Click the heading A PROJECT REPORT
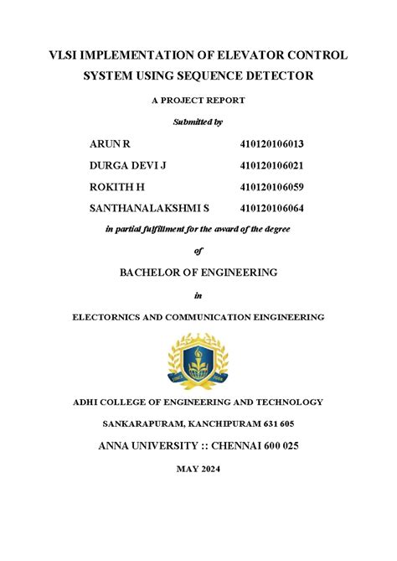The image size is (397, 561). (x=198, y=101)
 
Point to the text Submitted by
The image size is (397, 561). (x=198, y=122)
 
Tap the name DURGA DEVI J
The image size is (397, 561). (x=128, y=165)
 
